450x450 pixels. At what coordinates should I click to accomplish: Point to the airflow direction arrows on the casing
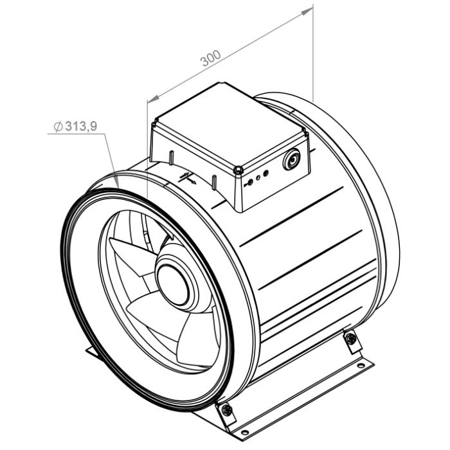[x=186, y=177]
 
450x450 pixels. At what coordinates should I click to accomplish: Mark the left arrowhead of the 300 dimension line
[x=149, y=100]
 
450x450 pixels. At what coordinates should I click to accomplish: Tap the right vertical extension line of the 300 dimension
[x=313, y=51]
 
